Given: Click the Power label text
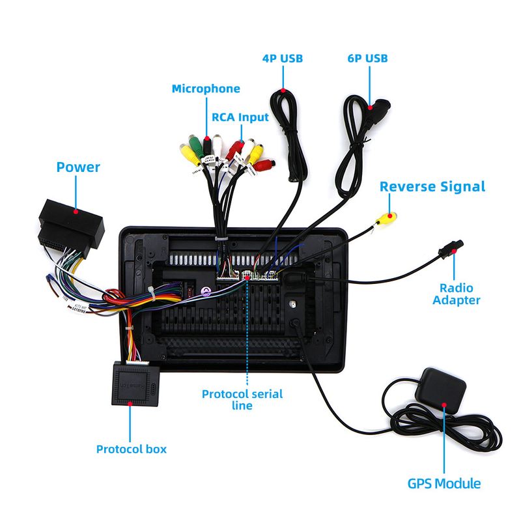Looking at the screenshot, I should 78,167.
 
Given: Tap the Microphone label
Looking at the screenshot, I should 206,89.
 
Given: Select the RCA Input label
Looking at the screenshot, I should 240,117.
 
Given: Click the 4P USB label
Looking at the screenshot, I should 283,59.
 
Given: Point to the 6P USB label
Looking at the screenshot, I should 367,59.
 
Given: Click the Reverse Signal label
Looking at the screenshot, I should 432,186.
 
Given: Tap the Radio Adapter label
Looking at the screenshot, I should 456,294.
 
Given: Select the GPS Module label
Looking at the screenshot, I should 444,484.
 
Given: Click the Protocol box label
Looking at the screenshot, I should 132,449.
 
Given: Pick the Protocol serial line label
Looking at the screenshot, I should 242,399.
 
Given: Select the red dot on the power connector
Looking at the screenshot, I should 76,211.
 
